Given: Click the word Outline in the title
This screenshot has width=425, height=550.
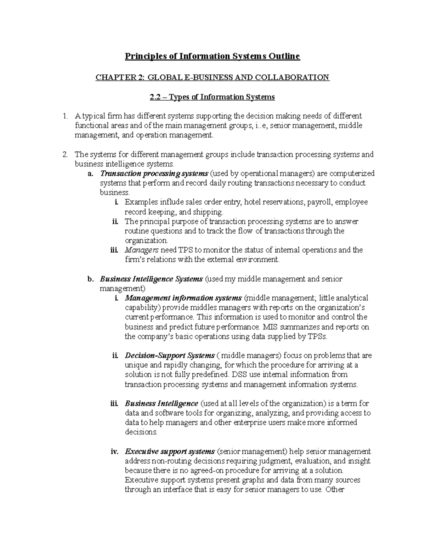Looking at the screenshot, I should coord(285,56).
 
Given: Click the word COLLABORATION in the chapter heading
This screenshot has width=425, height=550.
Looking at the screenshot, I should coord(300,77).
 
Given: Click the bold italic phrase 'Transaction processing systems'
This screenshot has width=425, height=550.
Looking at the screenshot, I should coord(154,174).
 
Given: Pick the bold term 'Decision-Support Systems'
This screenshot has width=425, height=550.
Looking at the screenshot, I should coord(170,355).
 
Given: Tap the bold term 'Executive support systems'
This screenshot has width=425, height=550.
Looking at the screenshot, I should coord(170,452).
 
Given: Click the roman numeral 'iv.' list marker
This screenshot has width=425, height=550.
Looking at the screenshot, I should coord(114,452).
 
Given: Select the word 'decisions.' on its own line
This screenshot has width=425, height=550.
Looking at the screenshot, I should coord(141,432).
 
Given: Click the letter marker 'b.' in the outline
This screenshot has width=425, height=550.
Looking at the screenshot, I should coord(90,279).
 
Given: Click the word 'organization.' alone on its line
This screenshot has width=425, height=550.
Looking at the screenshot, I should coord(146,240).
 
